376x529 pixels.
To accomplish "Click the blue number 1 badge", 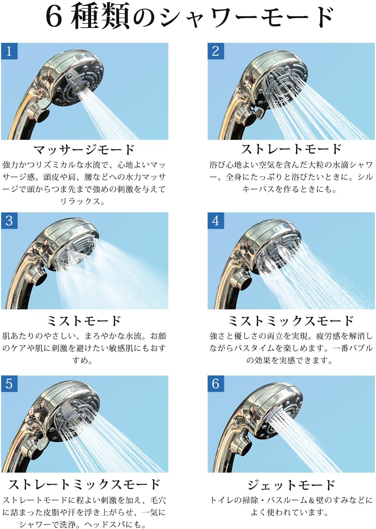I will [x=9, y=51].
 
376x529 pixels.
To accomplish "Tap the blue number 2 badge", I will [x=216, y=51].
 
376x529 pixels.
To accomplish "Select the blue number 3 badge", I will [x=9, y=220].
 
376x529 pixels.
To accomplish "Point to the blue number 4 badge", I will [x=216, y=220].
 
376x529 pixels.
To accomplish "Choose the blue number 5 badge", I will [x=9, y=384].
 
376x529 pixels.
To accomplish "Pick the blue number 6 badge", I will [x=216, y=384].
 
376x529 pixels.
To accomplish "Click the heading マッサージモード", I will [x=84, y=150].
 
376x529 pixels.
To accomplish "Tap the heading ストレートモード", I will [x=291, y=149].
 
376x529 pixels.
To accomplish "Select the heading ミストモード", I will [x=84, y=321].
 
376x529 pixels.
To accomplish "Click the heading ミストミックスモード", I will [x=291, y=321].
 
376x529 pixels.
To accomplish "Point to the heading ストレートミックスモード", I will [x=84, y=484].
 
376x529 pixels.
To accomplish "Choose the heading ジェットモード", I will [x=291, y=485].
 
